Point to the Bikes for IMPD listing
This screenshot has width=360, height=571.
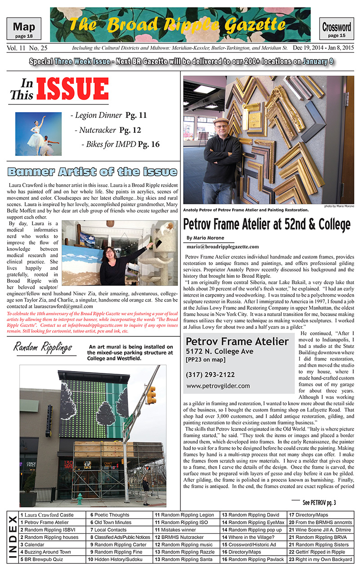[120, 144]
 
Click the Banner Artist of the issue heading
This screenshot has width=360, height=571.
[92, 172]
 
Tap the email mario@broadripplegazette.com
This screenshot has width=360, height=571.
[222, 246]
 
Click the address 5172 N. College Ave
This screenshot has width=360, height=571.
[220, 351]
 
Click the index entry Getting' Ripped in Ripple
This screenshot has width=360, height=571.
[321, 552]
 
